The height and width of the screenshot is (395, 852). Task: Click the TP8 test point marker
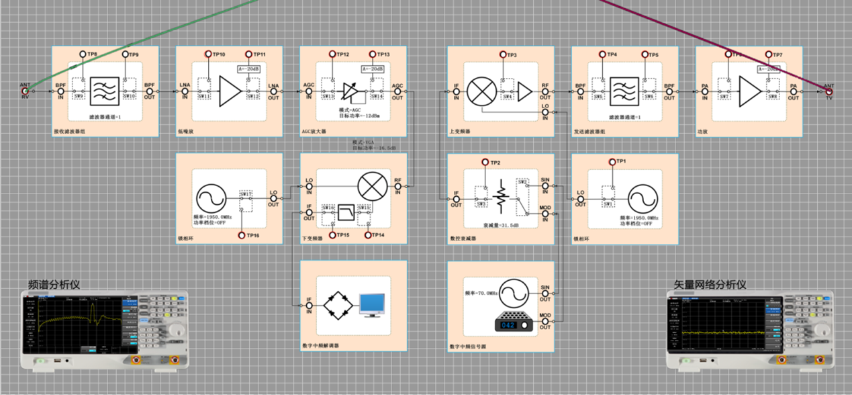point(83,54)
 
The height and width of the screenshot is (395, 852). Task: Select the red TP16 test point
point(243,235)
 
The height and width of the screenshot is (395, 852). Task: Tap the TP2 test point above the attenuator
point(485,163)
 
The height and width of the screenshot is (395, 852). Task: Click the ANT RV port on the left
point(26,89)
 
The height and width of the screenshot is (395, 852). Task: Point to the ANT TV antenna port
point(829,89)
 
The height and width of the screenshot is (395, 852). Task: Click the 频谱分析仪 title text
point(54,284)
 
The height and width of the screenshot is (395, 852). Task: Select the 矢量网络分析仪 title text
point(710,284)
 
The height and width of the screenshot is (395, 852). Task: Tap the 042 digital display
point(508,325)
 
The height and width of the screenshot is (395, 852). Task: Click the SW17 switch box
point(245,200)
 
